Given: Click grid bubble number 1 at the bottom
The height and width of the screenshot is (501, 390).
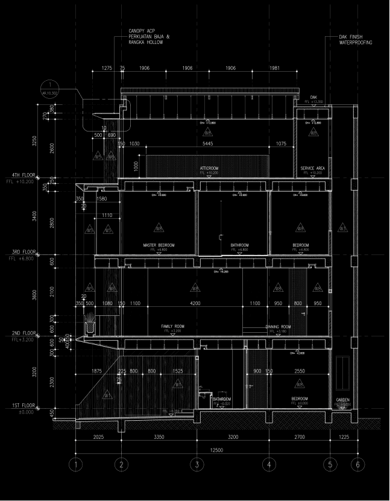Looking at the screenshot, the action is coord(75,464).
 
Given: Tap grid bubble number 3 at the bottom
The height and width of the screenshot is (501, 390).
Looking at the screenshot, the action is coord(197,464).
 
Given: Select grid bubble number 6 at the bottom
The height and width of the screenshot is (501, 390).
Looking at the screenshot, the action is coord(357,464).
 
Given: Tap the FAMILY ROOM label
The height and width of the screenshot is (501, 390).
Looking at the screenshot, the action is coord(172,326).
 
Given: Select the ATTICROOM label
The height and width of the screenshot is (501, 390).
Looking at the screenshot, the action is coord(209,168).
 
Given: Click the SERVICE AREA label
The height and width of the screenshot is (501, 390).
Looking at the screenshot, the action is coord(312,168).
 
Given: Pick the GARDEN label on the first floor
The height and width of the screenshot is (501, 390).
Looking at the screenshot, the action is coord(342,399).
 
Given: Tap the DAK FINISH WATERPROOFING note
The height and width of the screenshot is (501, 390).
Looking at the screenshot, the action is coord(356,40).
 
